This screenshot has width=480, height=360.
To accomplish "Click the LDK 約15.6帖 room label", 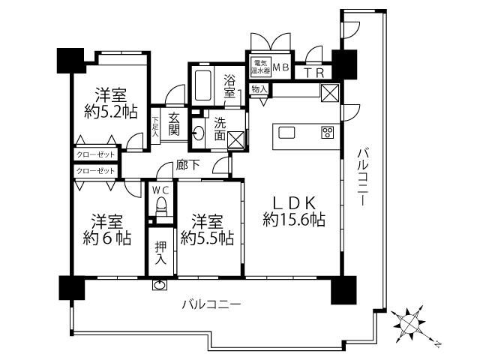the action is tap(294, 211).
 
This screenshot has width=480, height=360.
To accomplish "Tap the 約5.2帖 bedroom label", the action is tap(111, 103).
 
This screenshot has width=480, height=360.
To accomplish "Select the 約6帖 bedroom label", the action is tap(107, 230).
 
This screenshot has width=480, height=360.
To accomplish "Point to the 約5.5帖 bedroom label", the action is tap(207, 230).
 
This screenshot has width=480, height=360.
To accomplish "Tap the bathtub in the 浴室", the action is tap(202, 85).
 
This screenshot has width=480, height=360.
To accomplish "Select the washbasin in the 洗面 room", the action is tap(198, 133).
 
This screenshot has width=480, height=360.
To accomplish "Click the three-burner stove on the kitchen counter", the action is tap(328, 133).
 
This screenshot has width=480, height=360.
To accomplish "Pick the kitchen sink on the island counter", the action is tap(286, 133).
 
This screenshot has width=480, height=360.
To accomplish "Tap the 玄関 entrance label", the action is tap(173, 124).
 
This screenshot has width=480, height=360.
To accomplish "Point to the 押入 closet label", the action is tap(160, 253).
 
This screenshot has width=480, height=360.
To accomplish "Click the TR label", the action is tap(313, 73).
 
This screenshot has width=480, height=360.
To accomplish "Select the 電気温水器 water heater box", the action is tap(260, 67).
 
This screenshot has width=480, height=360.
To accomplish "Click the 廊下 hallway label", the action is tap(188, 165).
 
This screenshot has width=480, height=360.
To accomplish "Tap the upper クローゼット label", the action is tap(95, 154).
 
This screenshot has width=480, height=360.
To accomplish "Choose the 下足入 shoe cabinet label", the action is tap(155, 127).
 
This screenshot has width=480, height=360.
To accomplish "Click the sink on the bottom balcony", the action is tap(160, 285).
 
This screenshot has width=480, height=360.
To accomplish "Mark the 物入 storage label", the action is tap(259, 90).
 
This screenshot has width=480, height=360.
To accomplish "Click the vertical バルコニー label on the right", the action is tap(363, 177).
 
